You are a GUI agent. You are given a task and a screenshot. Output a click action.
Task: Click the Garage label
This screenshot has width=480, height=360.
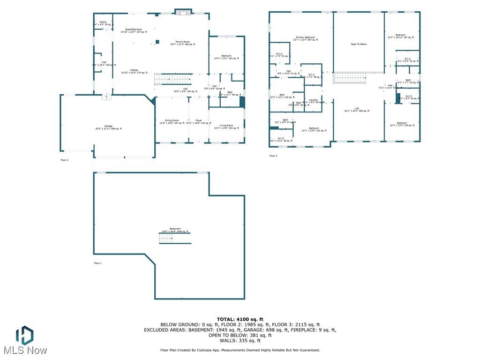pos(108,127)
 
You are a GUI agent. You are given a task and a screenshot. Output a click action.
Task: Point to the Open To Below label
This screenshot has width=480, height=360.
pos(359,44)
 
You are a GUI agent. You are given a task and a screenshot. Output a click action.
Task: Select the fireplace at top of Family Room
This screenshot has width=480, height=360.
pos(183,12)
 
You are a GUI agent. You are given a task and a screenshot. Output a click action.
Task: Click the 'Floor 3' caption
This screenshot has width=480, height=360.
pos(273,156)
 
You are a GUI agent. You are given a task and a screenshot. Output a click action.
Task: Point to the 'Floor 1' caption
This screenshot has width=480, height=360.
pos(97,263)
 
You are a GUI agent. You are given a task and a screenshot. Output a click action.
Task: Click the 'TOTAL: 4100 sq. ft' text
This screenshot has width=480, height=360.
pos(240,319)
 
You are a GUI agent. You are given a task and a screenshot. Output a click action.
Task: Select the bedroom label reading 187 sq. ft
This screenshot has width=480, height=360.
pos(400,36)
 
